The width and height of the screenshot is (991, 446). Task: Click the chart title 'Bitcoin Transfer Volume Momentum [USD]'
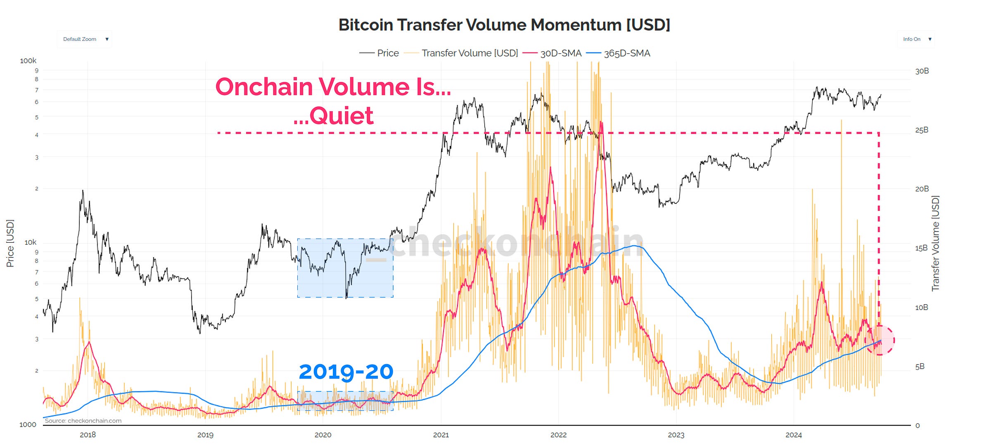[x=504, y=25]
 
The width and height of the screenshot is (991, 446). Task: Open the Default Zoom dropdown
[x=85, y=39]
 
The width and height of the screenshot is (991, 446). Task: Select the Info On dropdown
[x=916, y=39]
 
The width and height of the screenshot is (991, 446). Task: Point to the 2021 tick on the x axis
[x=441, y=435]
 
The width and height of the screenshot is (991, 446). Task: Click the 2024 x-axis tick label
[x=793, y=435]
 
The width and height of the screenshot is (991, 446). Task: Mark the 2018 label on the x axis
[x=88, y=435]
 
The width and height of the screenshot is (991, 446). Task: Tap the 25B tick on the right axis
[x=922, y=130]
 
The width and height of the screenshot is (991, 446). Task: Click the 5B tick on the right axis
[x=920, y=367]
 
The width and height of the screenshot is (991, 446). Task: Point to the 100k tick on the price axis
[x=28, y=61]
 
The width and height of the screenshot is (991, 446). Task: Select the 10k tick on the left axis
[x=30, y=242]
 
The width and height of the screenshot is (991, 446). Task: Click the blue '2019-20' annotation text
[x=346, y=372]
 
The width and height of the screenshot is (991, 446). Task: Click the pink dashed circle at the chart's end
[x=880, y=340]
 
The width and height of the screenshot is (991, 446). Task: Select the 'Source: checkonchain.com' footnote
[x=83, y=421]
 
